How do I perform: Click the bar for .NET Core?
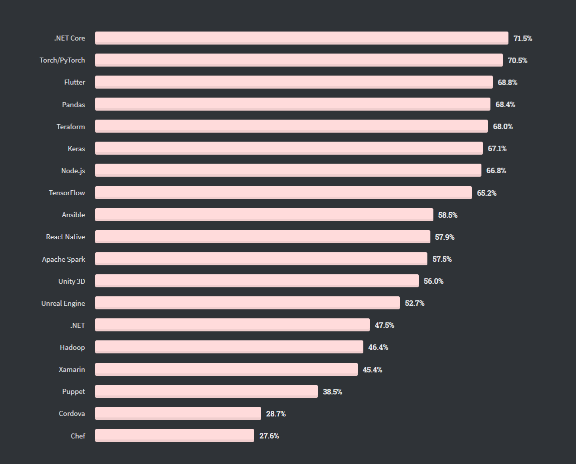point(301,38)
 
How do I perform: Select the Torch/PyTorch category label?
point(63,60)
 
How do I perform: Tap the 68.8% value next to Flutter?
point(507,82)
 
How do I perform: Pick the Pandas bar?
point(292,104)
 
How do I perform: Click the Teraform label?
point(71,127)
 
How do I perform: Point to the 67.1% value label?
point(497,149)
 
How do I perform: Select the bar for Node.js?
point(288,170)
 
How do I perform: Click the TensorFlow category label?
point(67,193)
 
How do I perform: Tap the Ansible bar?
point(264,215)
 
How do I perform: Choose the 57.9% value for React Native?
point(445,237)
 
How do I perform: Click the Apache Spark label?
point(64,259)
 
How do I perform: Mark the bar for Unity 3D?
point(257,281)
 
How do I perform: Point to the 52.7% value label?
point(415,303)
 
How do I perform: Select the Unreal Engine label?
point(63,303)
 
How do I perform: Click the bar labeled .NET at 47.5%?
point(232,325)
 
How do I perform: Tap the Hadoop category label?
point(73,347)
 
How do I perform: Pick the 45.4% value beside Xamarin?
point(372,370)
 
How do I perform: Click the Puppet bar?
point(206,391)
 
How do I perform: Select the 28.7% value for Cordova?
point(276,414)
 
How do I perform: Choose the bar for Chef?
point(174,435)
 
